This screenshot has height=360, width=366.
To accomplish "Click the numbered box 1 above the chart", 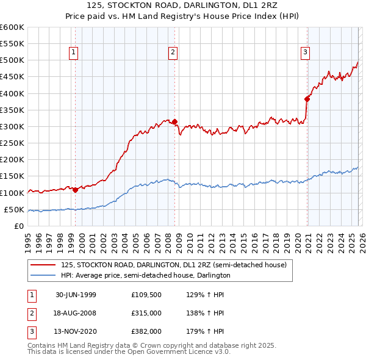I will [73, 53].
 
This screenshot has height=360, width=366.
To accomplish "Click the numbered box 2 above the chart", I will [173, 53].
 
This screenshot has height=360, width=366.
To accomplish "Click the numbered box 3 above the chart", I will [305, 53].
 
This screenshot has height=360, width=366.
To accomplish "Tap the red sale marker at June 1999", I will [75, 189].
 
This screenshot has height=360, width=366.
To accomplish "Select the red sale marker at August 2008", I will [174, 121].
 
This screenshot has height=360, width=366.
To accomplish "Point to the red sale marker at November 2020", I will [307, 99].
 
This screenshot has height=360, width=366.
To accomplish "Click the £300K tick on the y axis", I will [12, 126].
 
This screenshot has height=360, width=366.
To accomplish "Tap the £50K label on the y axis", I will [14, 209].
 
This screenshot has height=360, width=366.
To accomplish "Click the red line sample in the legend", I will [43, 265].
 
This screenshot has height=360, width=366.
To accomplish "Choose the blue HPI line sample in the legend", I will [43, 275].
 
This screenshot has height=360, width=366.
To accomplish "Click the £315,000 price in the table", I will [146, 313].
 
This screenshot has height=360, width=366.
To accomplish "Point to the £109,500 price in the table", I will [146, 295].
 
